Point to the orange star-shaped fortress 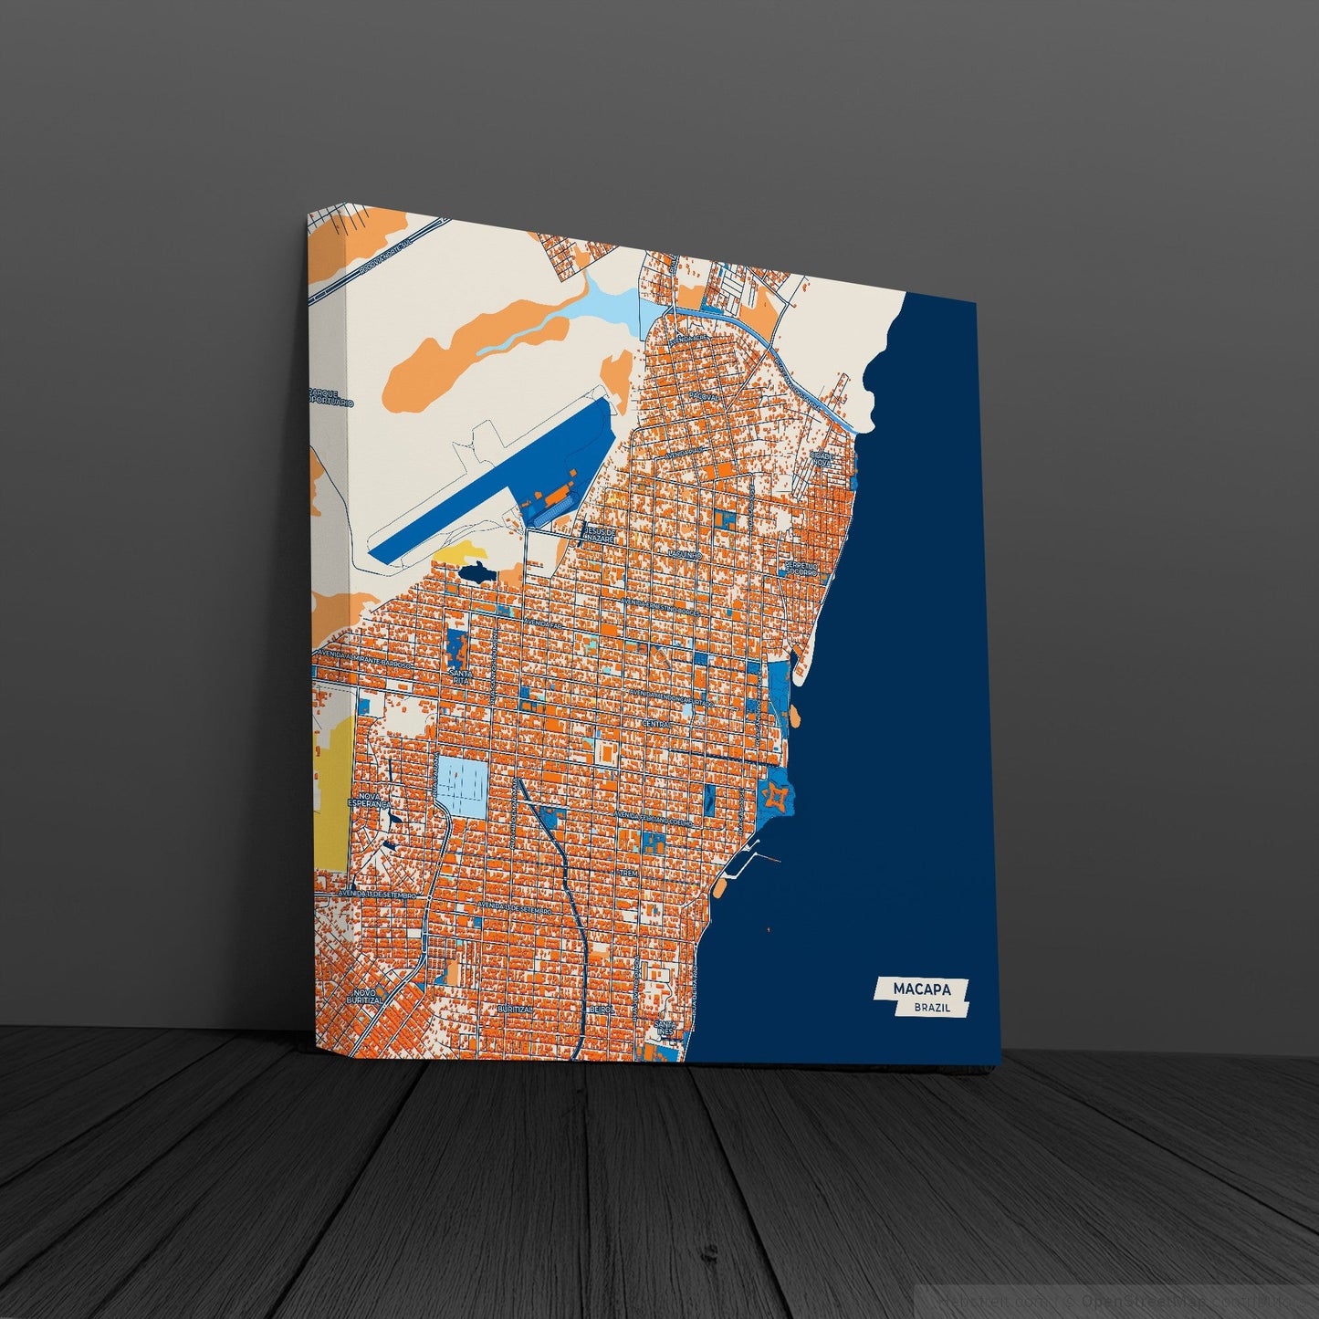(x=775, y=796)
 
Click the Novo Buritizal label (x=366, y=996)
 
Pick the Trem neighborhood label (x=628, y=874)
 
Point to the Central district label (x=656, y=724)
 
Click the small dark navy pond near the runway (x=476, y=573)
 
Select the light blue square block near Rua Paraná (x=464, y=786)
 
